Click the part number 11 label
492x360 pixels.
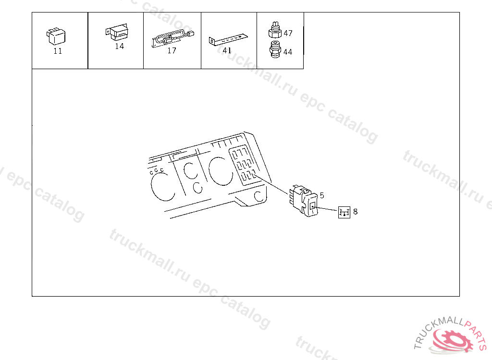pos(58,51)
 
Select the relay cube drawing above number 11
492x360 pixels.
pos(56,36)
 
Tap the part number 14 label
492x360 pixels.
pos(119,47)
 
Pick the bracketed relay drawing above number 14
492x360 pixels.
pos(117,32)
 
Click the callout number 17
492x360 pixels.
pos(172,50)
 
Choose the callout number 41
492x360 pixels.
pos(227,50)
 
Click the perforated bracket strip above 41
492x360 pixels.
pos(228,40)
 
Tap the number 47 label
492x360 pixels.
pos(288,33)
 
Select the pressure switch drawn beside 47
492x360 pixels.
pos(275,30)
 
